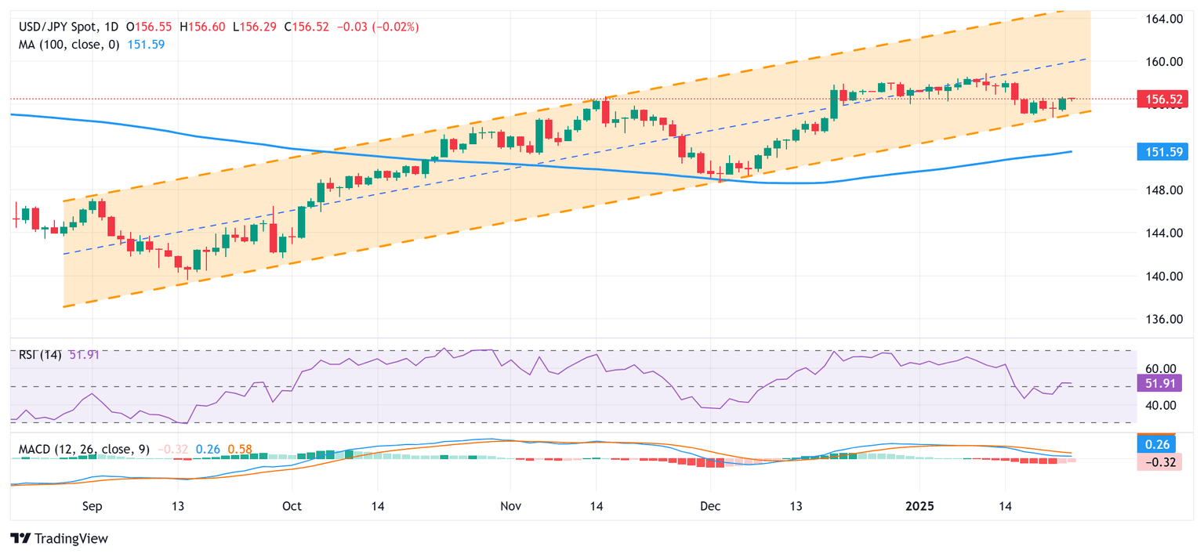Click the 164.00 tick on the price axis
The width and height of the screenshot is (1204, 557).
point(1158,18)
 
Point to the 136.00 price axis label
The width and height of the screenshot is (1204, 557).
point(1158,319)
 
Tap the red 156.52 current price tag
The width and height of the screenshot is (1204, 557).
point(1158,99)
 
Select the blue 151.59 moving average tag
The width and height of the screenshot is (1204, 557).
point(1158,151)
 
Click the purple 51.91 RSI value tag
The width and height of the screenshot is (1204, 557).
point(1158,383)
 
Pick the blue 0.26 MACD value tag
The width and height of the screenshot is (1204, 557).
point(1158,444)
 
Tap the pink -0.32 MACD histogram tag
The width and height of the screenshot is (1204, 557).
point(1158,461)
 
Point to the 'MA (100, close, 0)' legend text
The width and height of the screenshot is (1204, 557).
point(69,45)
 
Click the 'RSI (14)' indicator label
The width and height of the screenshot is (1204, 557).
point(40,355)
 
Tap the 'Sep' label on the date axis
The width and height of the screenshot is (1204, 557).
point(92,507)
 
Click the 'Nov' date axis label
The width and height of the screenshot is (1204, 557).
point(510,507)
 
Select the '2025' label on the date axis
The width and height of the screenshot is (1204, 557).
point(919,507)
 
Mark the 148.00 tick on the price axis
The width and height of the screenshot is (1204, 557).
point(1158,190)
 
